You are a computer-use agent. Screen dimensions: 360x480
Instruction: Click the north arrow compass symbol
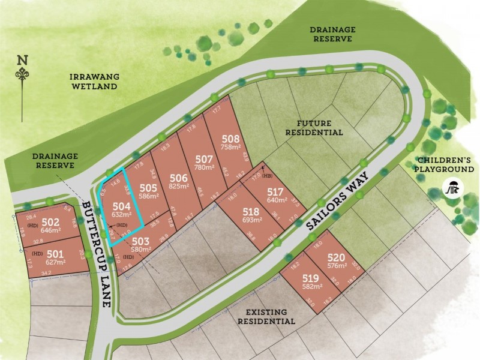[x=23, y=73]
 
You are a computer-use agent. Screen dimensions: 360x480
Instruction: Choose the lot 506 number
[x=179, y=178]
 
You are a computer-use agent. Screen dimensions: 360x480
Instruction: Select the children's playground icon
[x=452, y=188]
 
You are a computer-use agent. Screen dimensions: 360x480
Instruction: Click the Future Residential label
[x=314, y=127]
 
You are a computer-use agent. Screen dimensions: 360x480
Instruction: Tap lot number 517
[x=278, y=193]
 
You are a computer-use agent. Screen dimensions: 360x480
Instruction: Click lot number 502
[x=52, y=221]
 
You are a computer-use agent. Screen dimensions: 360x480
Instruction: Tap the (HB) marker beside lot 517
[x=268, y=176]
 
